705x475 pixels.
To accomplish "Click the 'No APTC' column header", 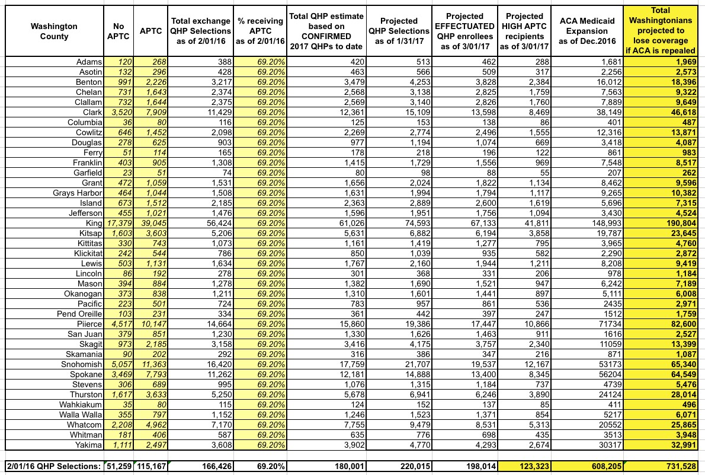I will pos(120,31).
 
